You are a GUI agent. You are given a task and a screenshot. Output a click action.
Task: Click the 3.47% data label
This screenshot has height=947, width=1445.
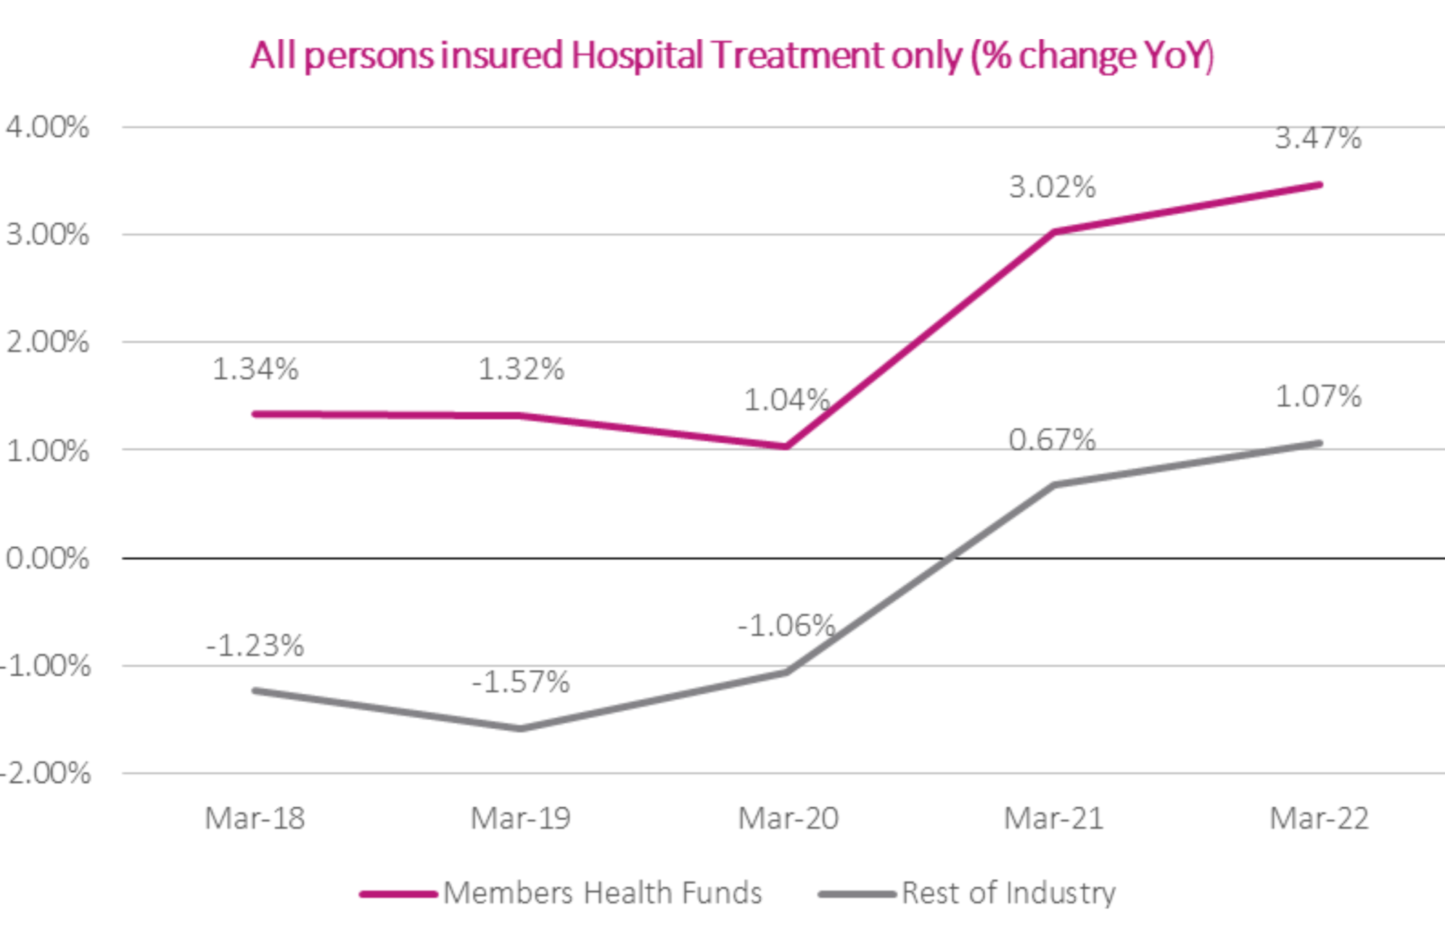[1317, 138]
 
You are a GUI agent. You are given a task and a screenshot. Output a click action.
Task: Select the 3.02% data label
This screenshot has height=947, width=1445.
[1052, 188]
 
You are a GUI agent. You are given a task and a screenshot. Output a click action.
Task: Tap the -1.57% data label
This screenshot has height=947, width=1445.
[520, 682]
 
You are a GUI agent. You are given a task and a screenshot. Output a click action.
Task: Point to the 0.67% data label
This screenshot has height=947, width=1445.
[1052, 439]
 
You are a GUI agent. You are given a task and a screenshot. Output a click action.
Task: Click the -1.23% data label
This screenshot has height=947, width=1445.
[255, 645]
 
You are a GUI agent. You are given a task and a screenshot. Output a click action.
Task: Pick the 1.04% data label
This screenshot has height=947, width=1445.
[786, 399]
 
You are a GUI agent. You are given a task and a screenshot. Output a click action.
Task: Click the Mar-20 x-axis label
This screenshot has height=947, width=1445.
[788, 818]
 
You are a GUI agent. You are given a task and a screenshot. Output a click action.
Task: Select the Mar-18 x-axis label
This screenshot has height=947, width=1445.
[255, 818]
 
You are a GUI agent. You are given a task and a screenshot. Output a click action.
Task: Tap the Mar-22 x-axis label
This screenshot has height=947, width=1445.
[1319, 818]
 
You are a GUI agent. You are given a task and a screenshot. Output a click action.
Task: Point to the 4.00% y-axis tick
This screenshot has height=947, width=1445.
[48, 128]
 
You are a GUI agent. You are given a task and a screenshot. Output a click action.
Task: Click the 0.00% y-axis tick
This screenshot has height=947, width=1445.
[48, 558]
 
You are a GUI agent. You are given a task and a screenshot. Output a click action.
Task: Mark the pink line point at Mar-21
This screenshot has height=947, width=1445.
[1053, 233]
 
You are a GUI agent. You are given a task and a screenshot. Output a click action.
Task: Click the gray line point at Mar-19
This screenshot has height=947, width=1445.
[520, 728]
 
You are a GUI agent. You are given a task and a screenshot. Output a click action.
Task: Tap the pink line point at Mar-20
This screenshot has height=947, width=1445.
[786, 446]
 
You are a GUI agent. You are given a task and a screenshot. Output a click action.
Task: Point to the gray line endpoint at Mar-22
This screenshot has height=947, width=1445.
[1319, 444]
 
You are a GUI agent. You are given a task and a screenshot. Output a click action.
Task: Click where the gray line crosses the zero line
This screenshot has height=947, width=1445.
[947, 558]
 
